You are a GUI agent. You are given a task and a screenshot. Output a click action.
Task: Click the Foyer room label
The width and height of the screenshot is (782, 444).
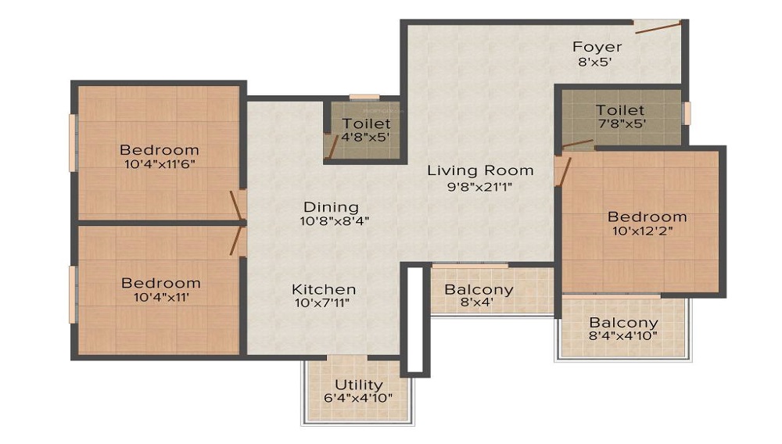pyautogui.click(x=597, y=47)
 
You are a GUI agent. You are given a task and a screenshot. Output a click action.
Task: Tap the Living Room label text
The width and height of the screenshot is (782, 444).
pyautogui.click(x=480, y=171)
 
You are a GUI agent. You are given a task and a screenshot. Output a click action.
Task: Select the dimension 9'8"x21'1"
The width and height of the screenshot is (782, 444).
pyautogui.click(x=480, y=187)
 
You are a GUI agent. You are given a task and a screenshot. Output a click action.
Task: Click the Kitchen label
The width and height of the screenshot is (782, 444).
pyautogui.click(x=324, y=289)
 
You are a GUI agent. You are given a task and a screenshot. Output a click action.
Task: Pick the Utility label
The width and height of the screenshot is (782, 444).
pyautogui.click(x=359, y=385)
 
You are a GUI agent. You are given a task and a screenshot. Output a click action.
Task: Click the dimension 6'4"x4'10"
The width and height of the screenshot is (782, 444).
pyautogui.click(x=358, y=398)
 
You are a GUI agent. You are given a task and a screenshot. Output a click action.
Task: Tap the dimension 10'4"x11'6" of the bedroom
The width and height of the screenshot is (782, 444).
pyautogui.click(x=160, y=163)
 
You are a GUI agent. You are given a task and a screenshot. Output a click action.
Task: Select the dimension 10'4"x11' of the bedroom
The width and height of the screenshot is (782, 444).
pyautogui.click(x=161, y=298)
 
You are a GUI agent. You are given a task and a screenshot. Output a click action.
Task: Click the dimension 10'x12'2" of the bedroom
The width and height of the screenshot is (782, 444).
pyautogui.click(x=643, y=231)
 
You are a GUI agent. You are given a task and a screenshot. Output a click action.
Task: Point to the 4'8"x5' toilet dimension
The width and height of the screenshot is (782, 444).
pyautogui.click(x=365, y=137)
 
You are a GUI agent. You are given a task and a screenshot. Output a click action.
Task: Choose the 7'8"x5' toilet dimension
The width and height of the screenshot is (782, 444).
pyautogui.click(x=622, y=124)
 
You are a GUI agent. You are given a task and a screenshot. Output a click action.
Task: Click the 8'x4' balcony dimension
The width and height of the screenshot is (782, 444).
pyautogui.click(x=477, y=302)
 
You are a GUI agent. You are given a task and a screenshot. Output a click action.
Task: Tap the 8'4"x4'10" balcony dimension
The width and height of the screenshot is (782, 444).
pyautogui.click(x=623, y=336)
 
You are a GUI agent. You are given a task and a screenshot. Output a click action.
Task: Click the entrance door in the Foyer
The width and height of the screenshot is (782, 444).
pyautogui.click(x=658, y=28)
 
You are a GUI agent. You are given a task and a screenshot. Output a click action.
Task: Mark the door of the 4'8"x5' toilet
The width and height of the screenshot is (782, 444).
pyautogui.click(x=332, y=144)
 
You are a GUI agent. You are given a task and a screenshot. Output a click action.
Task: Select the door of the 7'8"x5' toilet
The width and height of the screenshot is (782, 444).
pyautogui.click(x=578, y=145)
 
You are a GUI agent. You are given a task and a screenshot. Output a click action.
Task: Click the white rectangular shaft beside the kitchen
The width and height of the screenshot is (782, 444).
pyautogui.click(x=415, y=320)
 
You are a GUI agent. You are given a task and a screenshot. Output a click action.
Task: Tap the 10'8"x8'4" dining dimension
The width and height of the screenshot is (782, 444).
pyautogui.click(x=334, y=220)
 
